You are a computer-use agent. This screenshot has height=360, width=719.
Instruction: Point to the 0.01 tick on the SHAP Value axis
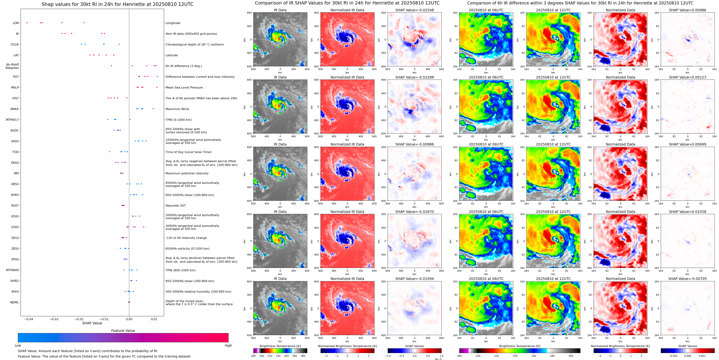pos(154,319)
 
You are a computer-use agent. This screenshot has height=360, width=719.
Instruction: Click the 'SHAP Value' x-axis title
pos(92,323)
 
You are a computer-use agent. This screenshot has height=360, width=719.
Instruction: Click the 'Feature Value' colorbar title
pos(123,331)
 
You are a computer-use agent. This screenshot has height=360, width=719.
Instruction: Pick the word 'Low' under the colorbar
pos(18,345)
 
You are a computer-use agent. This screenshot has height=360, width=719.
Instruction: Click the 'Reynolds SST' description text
pos(175,206)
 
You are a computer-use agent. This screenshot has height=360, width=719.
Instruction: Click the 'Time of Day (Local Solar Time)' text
pos(188,152)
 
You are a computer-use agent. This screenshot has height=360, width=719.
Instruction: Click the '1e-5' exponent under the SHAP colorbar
pos(438,359)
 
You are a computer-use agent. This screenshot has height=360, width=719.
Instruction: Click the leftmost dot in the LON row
pos(27,23)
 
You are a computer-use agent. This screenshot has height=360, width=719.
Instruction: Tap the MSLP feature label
pos(15,88)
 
